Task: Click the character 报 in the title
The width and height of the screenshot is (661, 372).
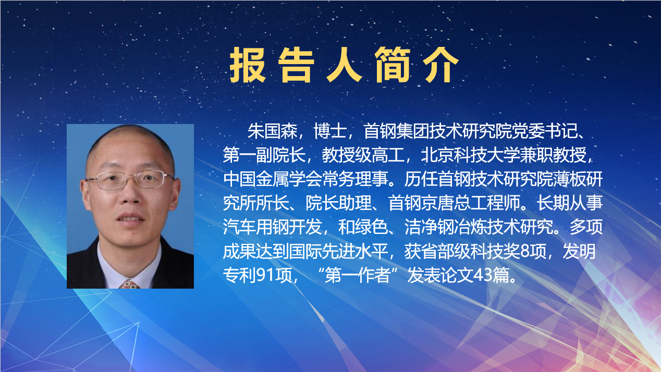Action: pyautogui.click(x=248, y=66)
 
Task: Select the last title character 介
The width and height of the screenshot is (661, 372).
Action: pyautogui.click(x=442, y=66)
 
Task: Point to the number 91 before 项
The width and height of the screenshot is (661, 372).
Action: pyautogui.click(x=267, y=275)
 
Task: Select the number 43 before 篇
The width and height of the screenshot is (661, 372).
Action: pyautogui.click(x=482, y=275)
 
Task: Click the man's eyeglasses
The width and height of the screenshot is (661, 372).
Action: pyautogui.click(x=129, y=181)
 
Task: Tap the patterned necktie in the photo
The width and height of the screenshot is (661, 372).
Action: pyautogui.click(x=129, y=284)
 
